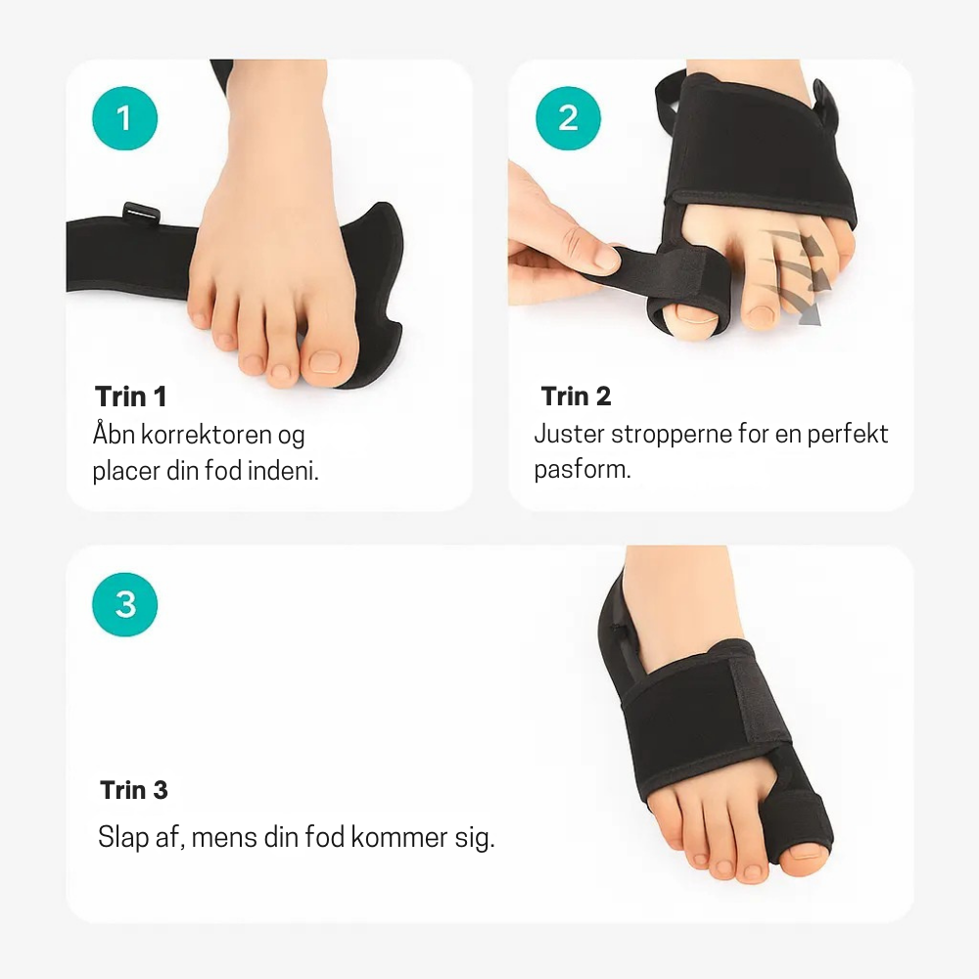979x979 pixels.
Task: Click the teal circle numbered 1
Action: click(x=124, y=117)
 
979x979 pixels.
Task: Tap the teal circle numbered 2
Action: click(x=568, y=117)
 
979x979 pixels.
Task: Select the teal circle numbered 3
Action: click(x=124, y=604)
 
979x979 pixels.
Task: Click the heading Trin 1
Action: click(x=131, y=396)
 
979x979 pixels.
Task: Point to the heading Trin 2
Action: click(x=576, y=396)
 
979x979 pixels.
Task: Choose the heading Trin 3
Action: click(x=134, y=790)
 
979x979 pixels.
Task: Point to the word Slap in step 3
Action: click(x=121, y=838)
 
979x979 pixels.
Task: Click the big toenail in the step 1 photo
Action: click(x=323, y=363)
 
